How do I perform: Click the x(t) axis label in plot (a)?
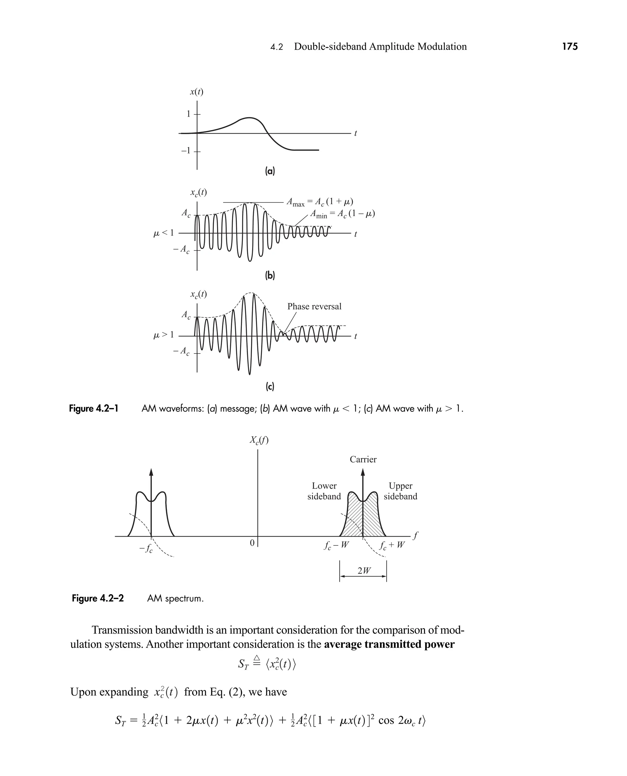click(197, 92)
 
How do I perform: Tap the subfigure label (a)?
click(270, 171)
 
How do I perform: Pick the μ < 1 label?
click(163, 233)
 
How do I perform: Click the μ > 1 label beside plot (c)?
click(163, 335)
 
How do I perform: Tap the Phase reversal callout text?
click(314, 306)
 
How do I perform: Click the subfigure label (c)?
click(270, 387)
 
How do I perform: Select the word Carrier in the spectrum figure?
click(363, 460)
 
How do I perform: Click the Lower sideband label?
click(324, 491)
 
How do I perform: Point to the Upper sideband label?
click(400, 491)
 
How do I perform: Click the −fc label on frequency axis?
click(146, 549)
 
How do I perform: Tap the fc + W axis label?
click(392, 545)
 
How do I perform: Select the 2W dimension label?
click(364, 571)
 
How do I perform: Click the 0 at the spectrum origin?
click(252, 543)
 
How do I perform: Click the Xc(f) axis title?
click(259, 440)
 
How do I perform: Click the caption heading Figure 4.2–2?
click(98, 599)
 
